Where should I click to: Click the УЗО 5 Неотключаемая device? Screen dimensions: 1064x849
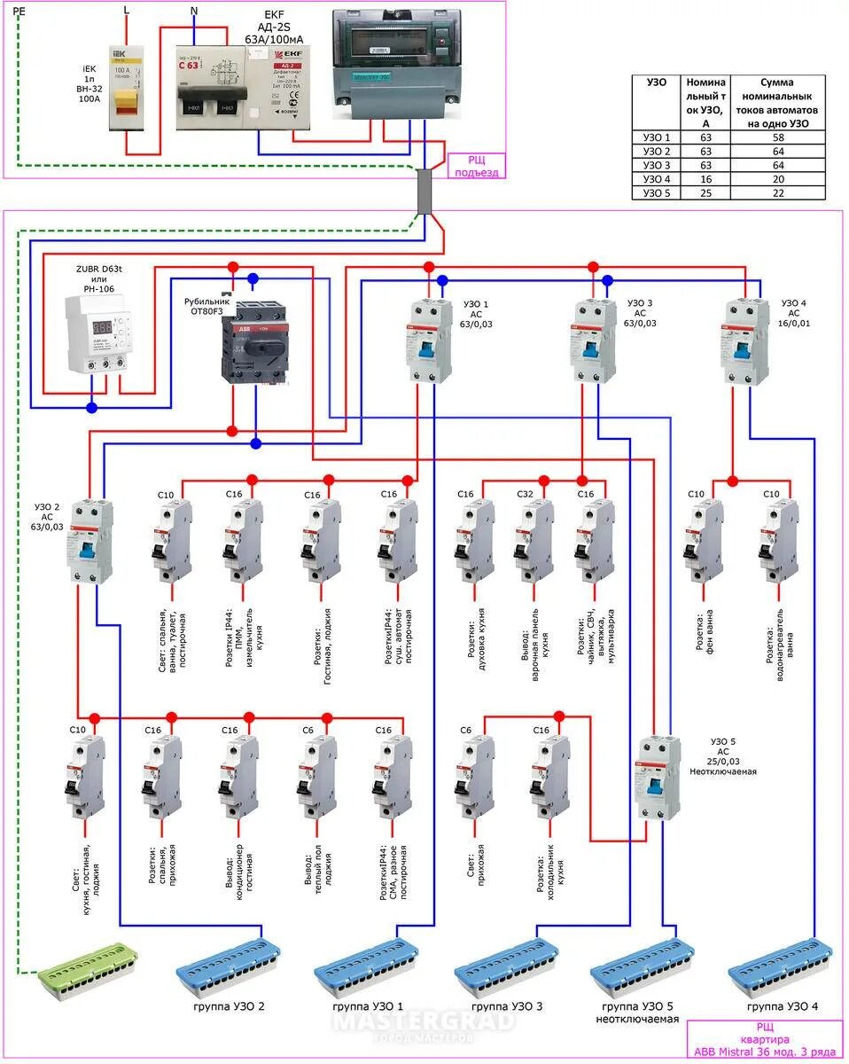click(657, 778)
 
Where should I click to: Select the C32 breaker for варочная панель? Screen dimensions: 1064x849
click(536, 541)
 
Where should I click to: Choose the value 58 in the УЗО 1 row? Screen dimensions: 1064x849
click(778, 137)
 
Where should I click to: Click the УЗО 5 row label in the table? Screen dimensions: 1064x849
click(657, 192)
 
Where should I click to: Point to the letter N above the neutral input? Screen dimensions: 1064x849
click(195, 12)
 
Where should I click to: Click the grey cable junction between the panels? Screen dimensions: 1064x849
click(425, 192)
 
